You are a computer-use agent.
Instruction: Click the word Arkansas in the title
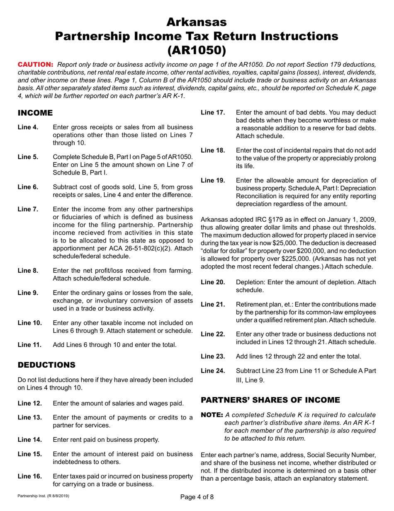coord(197,21)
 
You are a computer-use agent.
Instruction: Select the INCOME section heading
coord(35,113)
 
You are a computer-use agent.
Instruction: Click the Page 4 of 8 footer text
coord(197,498)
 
